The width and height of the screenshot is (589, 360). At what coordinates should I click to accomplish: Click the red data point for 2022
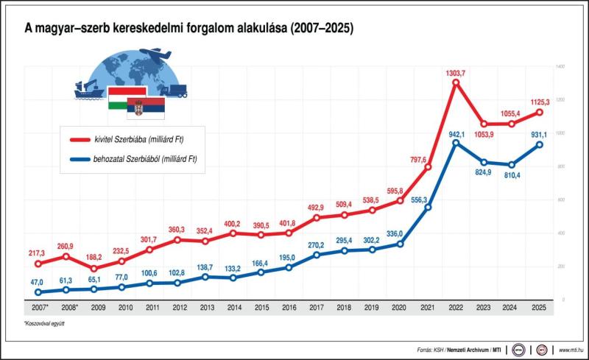click(x=456, y=82)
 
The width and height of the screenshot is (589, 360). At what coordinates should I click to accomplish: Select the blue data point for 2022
click(x=456, y=143)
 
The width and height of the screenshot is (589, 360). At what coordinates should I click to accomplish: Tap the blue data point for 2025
click(x=540, y=145)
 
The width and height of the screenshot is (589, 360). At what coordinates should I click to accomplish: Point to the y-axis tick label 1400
click(x=560, y=67)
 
